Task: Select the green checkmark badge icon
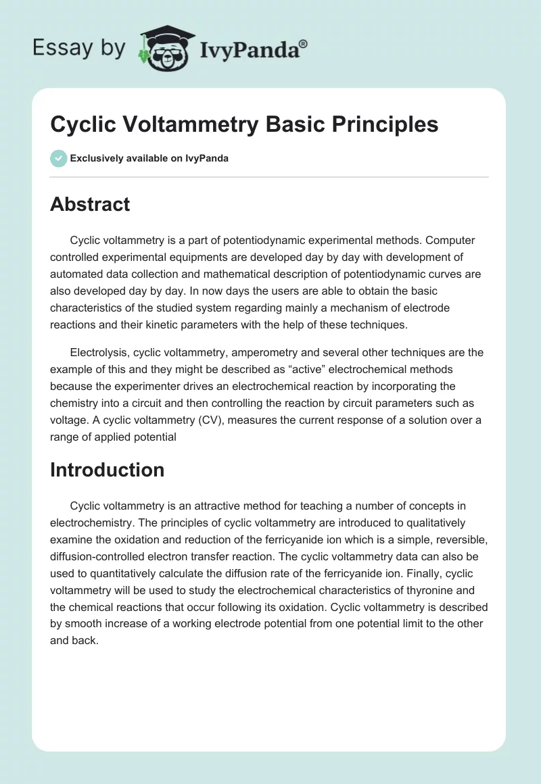click(x=58, y=158)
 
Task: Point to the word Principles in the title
click(x=382, y=124)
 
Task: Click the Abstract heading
click(x=90, y=205)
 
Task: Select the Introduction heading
click(x=107, y=470)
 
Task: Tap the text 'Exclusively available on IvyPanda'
click(x=149, y=158)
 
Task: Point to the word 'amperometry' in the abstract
click(x=267, y=352)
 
